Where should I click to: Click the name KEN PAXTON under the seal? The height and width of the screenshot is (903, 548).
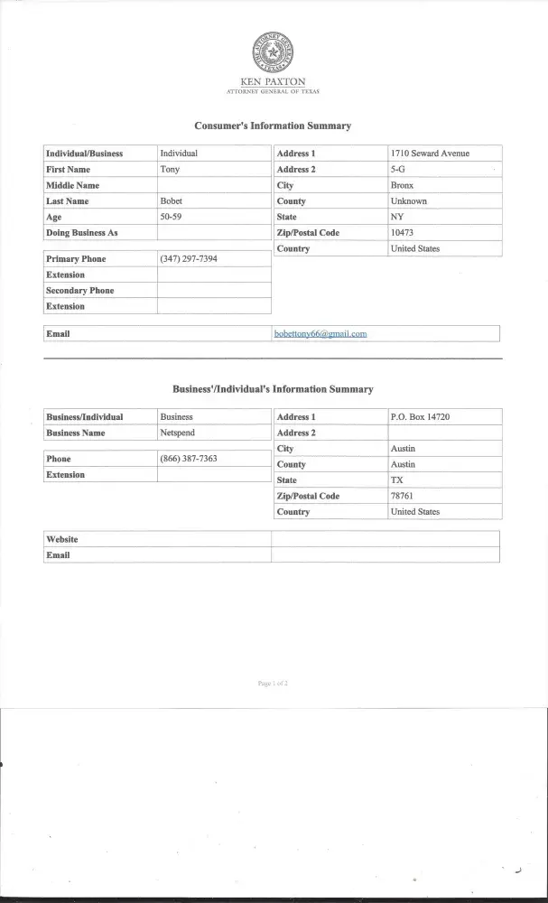(x=274, y=82)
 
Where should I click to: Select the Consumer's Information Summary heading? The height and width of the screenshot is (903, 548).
(x=273, y=126)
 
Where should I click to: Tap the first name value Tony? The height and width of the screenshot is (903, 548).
(x=169, y=169)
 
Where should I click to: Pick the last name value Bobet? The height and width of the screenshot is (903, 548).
(x=171, y=201)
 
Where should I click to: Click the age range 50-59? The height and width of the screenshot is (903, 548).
(x=171, y=218)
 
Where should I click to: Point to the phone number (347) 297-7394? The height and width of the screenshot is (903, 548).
(x=188, y=259)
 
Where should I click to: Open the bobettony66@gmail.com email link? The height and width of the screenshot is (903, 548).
(x=320, y=334)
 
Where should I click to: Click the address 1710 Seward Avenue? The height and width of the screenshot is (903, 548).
(x=430, y=154)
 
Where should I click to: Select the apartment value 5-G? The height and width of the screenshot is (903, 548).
(x=398, y=169)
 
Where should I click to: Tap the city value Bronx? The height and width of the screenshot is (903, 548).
(x=402, y=185)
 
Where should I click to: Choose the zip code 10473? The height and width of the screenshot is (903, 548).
(x=402, y=233)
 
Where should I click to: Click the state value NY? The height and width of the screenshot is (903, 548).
(x=396, y=217)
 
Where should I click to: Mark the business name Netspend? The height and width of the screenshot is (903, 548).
(x=177, y=433)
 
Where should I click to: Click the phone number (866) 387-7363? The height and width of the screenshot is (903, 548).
(x=188, y=459)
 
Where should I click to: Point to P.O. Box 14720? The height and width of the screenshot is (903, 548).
(x=420, y=417)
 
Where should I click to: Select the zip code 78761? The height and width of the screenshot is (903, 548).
(x=402, y=496)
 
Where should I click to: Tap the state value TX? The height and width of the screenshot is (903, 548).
(x=396, y=480)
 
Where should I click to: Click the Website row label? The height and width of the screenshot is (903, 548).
(x=62, y=539)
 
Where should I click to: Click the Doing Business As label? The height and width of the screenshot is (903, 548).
(x=82, y=233)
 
